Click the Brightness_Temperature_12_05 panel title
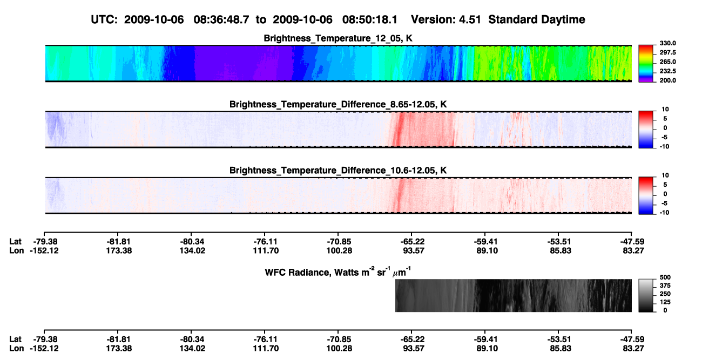click(338, 38)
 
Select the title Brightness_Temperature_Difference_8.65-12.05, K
click(338, 104)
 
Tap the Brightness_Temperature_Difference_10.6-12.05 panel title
click(338, 171)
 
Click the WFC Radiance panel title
click(338, 272)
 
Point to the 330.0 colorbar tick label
click(667, 43)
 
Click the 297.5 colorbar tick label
click(667, 52)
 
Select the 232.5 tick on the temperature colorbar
click(667, 71)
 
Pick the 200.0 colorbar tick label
click(667, 80)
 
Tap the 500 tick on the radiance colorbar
click(665, 277)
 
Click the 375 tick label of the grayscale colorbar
click(665, 286)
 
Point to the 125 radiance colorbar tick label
click(665, 302)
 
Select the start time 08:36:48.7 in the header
click(221, 19)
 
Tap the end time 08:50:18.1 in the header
click(370, 19)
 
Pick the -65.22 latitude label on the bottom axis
click(411, 339)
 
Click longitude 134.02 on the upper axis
click(192, 250)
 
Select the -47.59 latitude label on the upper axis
click(632, 242)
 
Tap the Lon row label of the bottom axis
click(16, 349)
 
